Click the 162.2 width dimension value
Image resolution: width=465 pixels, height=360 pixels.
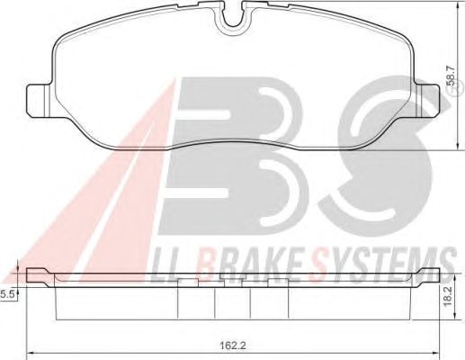pyautogui.click(x=233, y=346)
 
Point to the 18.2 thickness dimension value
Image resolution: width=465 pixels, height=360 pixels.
pyautogui.click(x=447, y=297)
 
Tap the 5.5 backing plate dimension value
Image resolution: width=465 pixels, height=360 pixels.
pyautogui.click(x=7, y=295)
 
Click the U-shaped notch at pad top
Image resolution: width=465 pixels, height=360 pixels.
pyautogui.click(x=232, y=17)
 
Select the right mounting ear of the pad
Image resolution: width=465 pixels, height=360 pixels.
pyautogui.click(x=428, y=101)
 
